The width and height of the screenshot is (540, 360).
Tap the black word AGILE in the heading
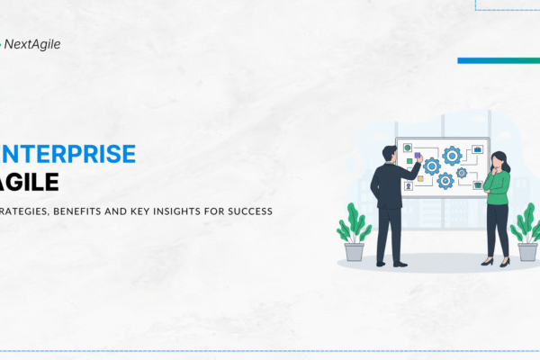click(31, 182)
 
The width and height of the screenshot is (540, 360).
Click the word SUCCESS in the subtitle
click(247, 212)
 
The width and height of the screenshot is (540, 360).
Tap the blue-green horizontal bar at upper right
click(498, 60)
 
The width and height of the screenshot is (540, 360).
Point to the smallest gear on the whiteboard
click(461, 172)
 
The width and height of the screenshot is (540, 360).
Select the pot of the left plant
click(355, 251)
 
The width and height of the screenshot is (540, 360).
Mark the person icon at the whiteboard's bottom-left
click(407, 187)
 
